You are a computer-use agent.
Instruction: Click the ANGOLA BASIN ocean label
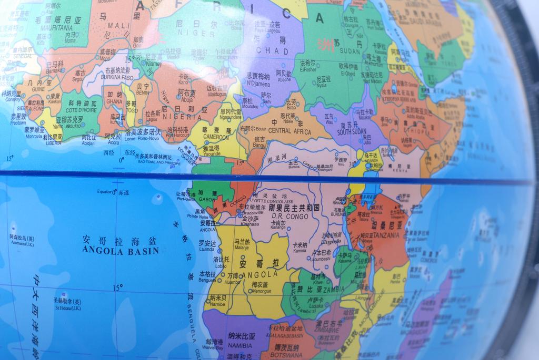pos(121,251)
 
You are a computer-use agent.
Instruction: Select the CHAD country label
pos(272,51)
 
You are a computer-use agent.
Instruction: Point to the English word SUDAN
pos(350,51)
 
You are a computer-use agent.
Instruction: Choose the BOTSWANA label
pos(285,355)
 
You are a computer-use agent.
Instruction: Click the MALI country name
pos(115,25)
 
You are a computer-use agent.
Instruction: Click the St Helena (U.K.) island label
pos(67,308)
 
